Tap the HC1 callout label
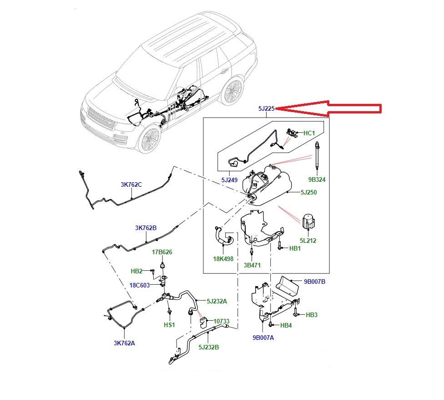click(309, 133)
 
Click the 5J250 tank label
click(308, 193)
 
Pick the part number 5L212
click(308, 240)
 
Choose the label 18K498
click(223, 258)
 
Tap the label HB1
click(295, 248)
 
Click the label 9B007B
click(314, 282)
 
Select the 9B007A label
click(264, 338)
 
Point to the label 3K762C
click(131, 185)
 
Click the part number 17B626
click(162, 252)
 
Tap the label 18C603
click(140, 285)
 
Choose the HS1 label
click(169, 325)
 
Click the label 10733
click(222, 321)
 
